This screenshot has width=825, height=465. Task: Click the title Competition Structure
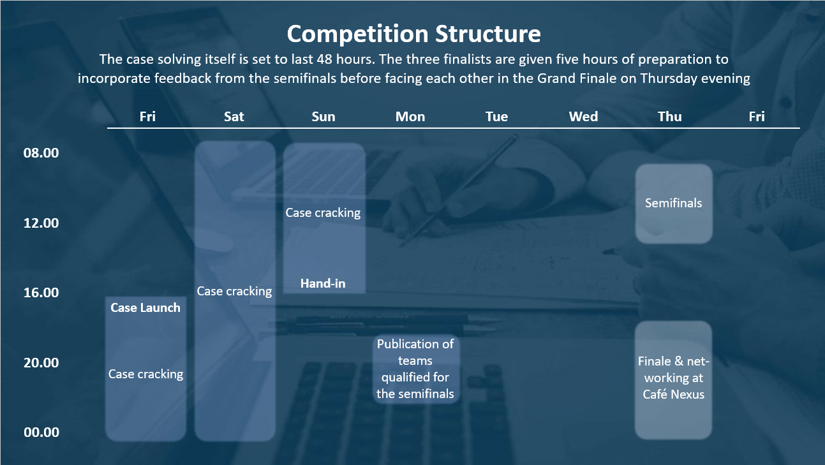click(413, 34)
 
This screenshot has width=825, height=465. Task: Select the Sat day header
click(234, 117)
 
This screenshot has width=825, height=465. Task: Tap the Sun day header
click(323, 117)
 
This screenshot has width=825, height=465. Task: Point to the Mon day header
click(410, 117)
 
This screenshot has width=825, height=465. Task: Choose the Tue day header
click(496, 117)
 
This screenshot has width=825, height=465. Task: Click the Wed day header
click(583, 117)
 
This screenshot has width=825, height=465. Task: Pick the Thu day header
click(669, 117)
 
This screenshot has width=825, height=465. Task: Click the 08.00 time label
click(41, 153)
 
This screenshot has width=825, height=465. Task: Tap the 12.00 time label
click(41, 223)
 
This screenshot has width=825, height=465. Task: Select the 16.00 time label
click(41, 293)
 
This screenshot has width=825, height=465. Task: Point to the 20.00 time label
click(41, 363)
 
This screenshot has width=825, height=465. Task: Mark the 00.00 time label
click(41, 432)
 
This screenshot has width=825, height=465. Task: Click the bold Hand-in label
click(323, 283)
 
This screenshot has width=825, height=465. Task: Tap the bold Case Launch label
click(145, 307)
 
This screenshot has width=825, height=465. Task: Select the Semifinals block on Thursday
click(674, 203)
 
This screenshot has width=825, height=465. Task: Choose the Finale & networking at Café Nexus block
click(673, 380)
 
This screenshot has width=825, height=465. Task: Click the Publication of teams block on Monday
click(416, 369)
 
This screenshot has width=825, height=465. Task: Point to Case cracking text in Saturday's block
click(234, 292)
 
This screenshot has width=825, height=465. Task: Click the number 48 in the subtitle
click(325, 59)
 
